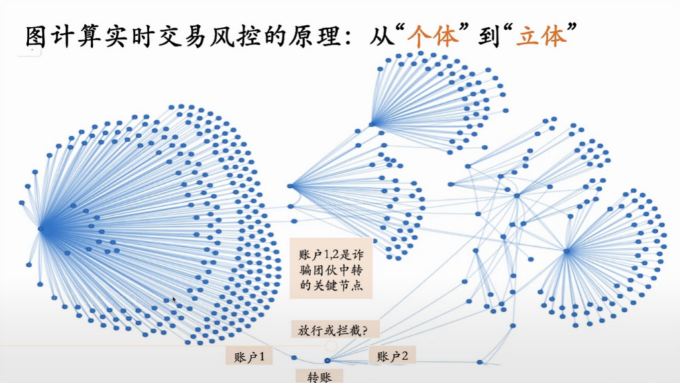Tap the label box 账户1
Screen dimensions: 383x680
249,357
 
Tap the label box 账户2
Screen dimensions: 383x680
392,356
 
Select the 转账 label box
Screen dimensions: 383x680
319,376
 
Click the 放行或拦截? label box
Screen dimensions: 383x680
335,329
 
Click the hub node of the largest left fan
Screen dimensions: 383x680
41,229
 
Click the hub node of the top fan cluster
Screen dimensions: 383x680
373,124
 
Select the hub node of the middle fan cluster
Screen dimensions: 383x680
290,186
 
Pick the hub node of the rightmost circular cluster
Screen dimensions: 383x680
567,252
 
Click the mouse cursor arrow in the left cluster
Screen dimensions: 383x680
174,300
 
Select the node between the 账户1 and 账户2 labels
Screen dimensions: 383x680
327,361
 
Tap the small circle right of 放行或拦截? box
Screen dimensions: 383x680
331,346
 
